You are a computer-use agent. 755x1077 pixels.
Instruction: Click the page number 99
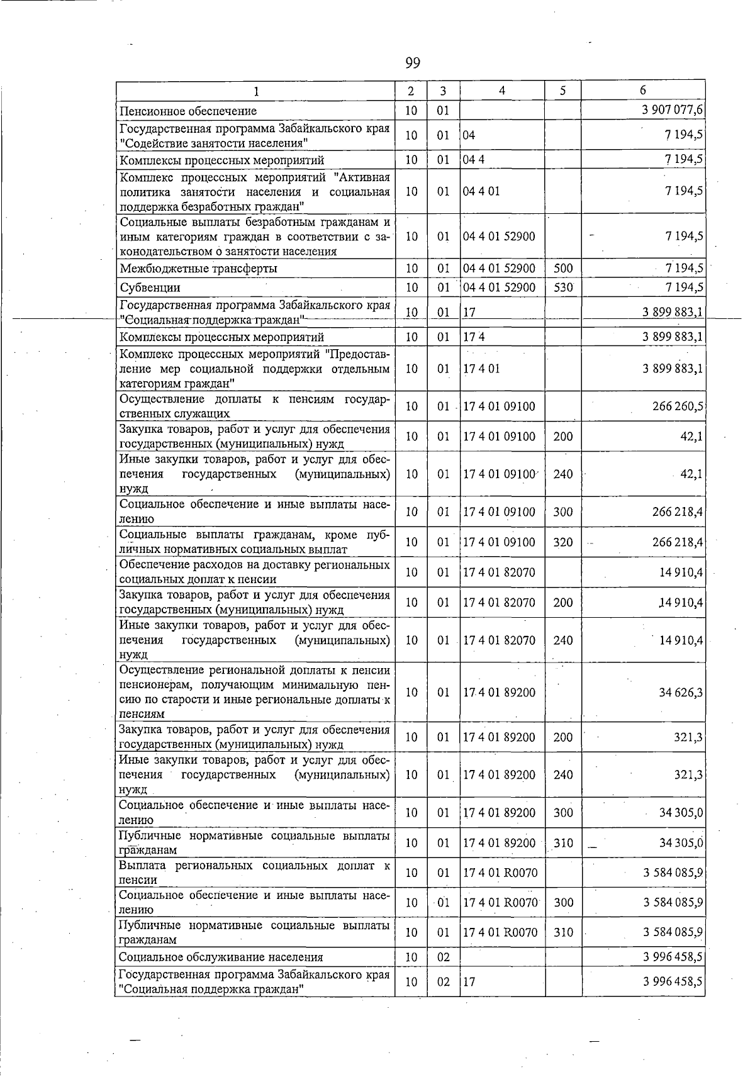[x=413, y=63]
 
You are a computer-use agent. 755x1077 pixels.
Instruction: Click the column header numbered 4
[x=501, y=91]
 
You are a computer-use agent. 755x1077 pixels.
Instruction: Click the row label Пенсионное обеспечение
[x=188, y=111]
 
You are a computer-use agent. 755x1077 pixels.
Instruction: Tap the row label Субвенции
[x=150, y=288]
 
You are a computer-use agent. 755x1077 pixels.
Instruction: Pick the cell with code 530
[x=563, y=288]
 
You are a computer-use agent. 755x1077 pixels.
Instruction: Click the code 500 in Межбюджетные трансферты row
[x=563, y=269]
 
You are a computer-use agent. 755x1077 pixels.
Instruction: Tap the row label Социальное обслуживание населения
[x=221, y=957]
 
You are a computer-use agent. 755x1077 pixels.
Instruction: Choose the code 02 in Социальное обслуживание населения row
[x=444, y=957]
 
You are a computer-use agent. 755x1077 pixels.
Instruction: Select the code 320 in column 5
[x=563, y=542]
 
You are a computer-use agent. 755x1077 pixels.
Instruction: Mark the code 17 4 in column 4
[x=474, y=337]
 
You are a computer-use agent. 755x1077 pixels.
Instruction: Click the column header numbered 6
[x=642, y=91]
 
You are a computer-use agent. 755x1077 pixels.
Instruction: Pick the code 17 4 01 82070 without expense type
[x=500, y=572]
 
